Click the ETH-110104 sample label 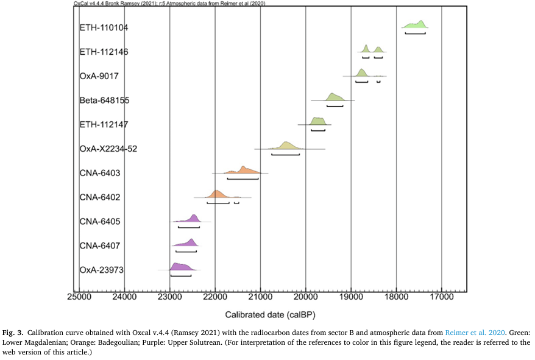click(x=104, y=28)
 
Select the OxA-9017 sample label click(x=99, y=76)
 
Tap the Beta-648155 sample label click(x=104, y=101)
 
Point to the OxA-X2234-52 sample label click(x=108, y=149)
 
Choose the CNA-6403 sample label click(x=100, y=173)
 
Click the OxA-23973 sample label click(x=102, y=270)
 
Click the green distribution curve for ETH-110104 click(x=416, y=25)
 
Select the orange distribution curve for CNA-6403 click(x=244, y=171)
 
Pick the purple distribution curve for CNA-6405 click(x=193, y=219)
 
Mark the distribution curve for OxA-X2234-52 click(x=286, y=146)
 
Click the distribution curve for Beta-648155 click(x=334, y=97)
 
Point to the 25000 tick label click(x=79, y=298)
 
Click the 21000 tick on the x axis click(x=260, y=298)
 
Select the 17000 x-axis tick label click(x=442, y=298)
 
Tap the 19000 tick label click(x=351, y=298)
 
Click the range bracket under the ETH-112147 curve click(x=318, y=130)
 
